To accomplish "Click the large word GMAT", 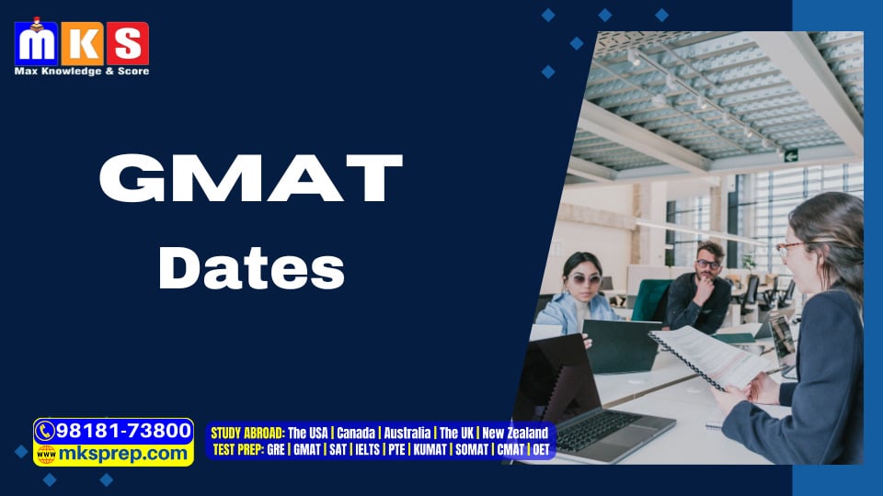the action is tap(251, 177).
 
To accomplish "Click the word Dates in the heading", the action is tap(251, 268).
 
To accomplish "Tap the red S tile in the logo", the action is tap(128, 43).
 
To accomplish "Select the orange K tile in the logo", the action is tap(82, 43).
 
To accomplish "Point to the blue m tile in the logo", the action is tap(36, 43).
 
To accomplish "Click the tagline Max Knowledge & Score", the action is tap(82, 72).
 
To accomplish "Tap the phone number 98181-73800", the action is tap(124, 431).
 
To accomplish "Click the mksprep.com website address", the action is tap(122, 453).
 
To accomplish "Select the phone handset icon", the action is tap(44, 432).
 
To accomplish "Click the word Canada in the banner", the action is tap(356, 433).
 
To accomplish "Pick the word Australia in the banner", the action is tap(407, 433).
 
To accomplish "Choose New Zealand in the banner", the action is tap(515, 433).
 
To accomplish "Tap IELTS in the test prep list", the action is tap(367, 450).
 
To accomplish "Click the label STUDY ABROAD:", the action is tap(247, 433).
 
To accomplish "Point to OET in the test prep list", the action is tap(541, 450).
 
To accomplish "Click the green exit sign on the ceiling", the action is tap(791, 156).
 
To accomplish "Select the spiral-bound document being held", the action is tap(709, 356).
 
